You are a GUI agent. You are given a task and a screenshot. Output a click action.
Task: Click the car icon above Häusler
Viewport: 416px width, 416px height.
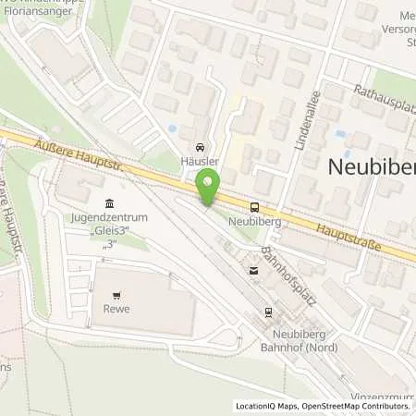pyautogui.click(x=199, y=147)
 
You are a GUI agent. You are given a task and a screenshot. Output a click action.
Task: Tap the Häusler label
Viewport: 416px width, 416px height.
pyautogui.click(x=199, y=161)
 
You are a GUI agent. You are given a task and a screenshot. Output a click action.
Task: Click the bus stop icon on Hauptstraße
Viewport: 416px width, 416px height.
pyautogui.click(x=254, y=209)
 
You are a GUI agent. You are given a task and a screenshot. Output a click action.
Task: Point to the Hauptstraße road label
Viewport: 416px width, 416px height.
pyautogui.click(x=355, y=236)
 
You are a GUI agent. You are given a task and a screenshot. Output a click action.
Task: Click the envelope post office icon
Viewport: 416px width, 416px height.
pyautogui.click(x=253, y=271)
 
